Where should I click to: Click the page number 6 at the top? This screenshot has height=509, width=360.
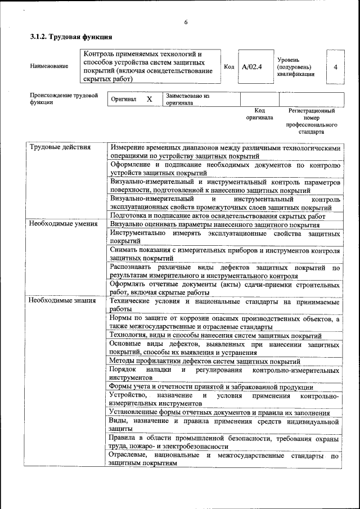[186, 22]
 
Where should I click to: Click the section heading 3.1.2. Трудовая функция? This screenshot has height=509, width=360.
[66, 38]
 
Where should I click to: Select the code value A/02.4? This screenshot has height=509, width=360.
[251, 66]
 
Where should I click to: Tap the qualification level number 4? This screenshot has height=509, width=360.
[335, 66]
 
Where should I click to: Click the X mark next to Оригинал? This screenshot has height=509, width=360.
[149, 99]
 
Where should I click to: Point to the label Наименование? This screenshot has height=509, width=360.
[49, 66]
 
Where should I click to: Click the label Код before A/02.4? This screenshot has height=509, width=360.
[229, 66]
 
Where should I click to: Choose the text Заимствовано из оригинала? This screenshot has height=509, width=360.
[187, 100]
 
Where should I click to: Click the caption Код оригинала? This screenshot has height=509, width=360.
[259, 114]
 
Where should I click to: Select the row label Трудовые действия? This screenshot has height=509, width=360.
[60, 147]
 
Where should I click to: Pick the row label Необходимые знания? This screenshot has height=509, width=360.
[62, 300]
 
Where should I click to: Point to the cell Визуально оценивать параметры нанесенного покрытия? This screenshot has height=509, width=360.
[211, 224]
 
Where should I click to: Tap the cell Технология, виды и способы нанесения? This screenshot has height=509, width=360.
[220, 335]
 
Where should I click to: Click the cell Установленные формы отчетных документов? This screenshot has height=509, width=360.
[224, 412]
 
